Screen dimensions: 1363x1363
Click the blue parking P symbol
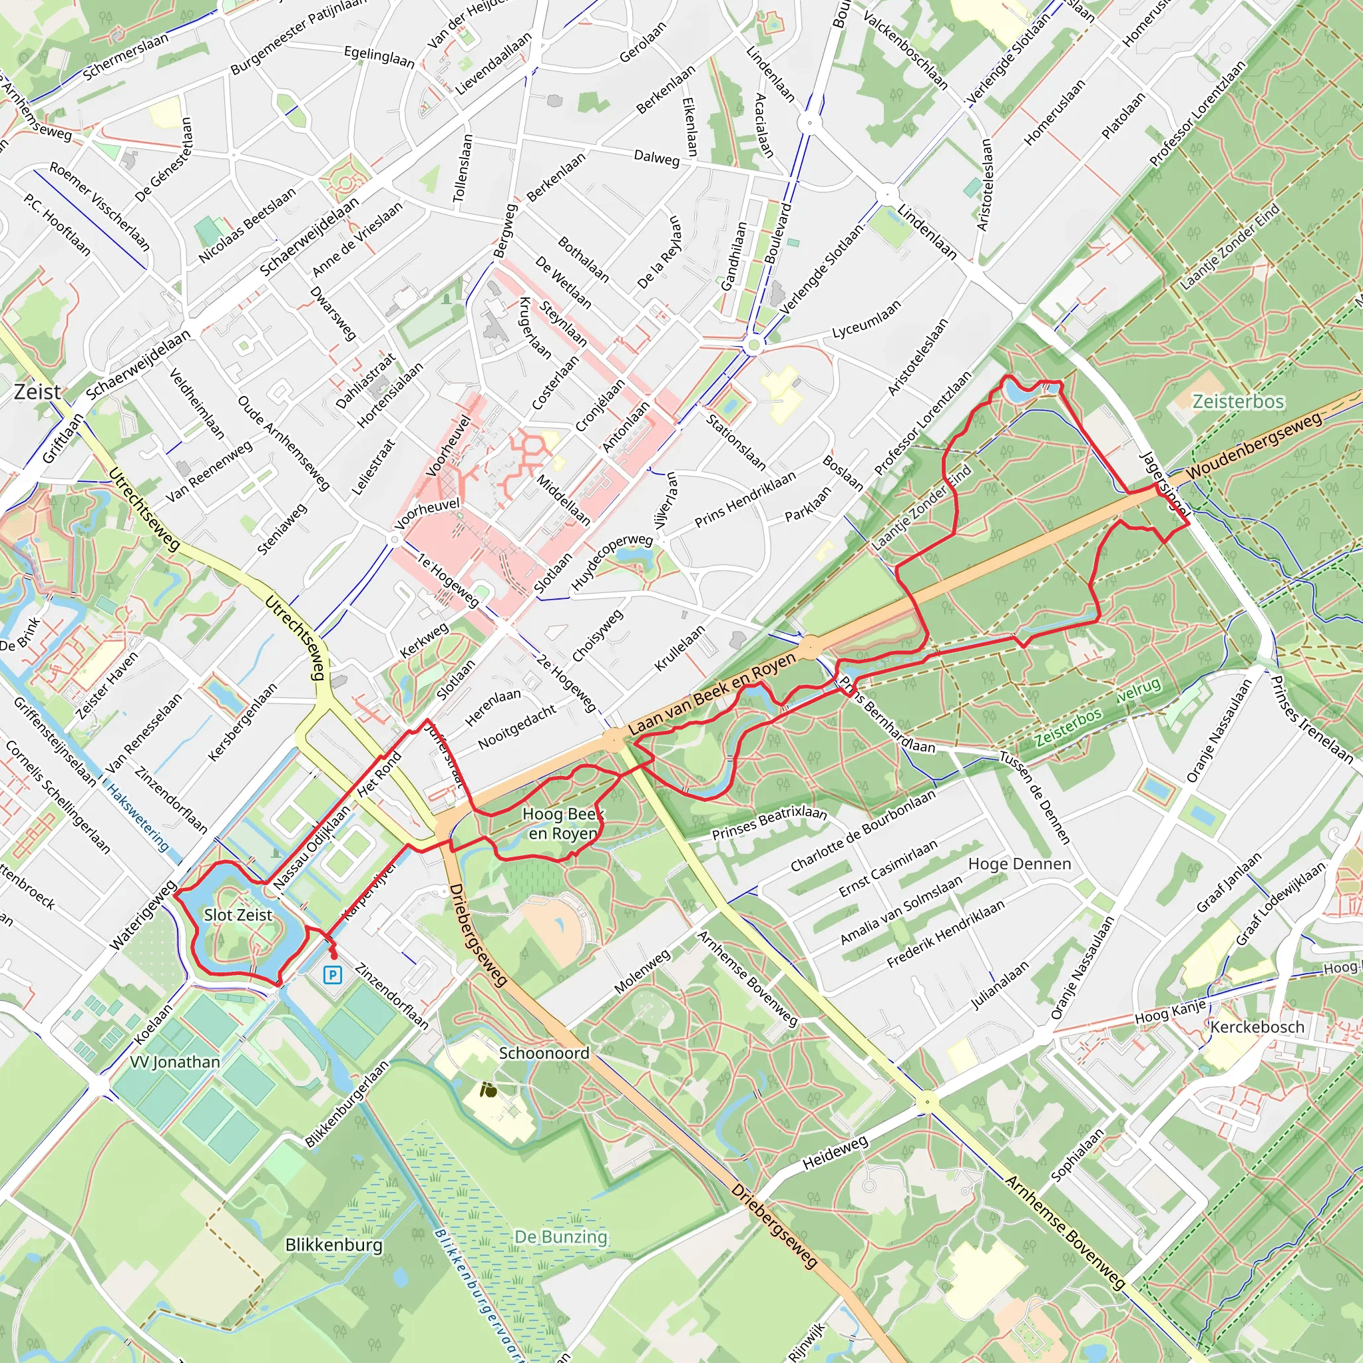click(x=332, y=975)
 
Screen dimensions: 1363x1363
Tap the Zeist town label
click(x=37, y=391)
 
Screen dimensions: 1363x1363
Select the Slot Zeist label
click(x=238, y=915)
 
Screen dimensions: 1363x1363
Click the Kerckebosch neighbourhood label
click(x=1257, y=1026)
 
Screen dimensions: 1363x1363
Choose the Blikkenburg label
click(x=333, y=1245)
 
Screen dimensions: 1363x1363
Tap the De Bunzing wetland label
click(x=560, y=1237)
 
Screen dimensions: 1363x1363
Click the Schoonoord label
click(x=544, y=1053)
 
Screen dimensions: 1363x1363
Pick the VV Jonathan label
click(x=175, y=1062)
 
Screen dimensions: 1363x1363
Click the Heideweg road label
click(x=835, y=1152)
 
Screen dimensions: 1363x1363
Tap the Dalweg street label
click(x=657, y=158)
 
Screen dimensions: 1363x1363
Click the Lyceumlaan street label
click(x=867, y=319)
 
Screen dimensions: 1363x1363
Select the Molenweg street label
click(x=642, y=972)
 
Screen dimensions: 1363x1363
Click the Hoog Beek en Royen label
click(x=562, y=823)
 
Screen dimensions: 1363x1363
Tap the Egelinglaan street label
click(x=379, y=57)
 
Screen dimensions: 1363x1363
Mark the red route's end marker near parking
click(x=333, y=955)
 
